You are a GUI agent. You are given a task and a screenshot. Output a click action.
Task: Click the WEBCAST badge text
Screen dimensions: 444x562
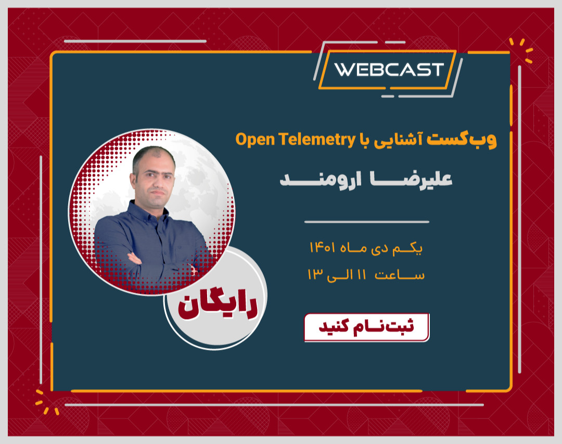click(389, 70)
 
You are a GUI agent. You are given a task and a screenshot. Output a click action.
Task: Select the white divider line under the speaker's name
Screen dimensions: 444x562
click(366, 222)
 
